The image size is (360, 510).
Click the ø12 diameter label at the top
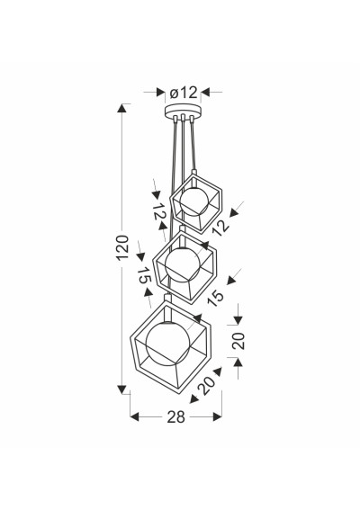click(184, 93)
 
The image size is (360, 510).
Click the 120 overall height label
click(122, 247)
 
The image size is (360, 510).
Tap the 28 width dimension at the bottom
click(175, 416)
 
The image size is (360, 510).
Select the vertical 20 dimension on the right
click(238, 341)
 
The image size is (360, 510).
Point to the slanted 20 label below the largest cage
click(207, 385)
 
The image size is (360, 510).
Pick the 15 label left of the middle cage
click(144, 275)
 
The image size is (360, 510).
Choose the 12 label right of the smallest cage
click(220, 227)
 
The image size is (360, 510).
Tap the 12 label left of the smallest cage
click(159, 212)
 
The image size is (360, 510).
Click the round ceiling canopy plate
click(183, 111)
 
